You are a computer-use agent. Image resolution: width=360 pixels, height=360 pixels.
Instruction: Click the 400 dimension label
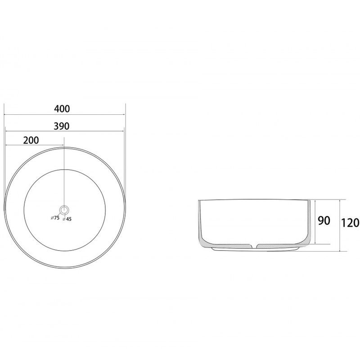[x=62, y=109]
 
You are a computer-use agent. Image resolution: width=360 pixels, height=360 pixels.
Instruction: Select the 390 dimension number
[x=62, y=126]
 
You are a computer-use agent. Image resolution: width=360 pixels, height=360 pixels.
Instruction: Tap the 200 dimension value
[x=31, y=140]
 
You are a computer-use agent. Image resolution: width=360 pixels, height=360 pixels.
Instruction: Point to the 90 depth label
[x=324, y=220]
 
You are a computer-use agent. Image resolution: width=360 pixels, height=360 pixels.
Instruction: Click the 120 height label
[x=350, y=223]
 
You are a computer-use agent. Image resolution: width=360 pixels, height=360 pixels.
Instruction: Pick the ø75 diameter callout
[x=55, y=218]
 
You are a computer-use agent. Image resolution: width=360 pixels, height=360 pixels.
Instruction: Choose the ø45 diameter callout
[x=67, y=219]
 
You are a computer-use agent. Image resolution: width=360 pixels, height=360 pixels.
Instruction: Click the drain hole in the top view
[x=64, y=210]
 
